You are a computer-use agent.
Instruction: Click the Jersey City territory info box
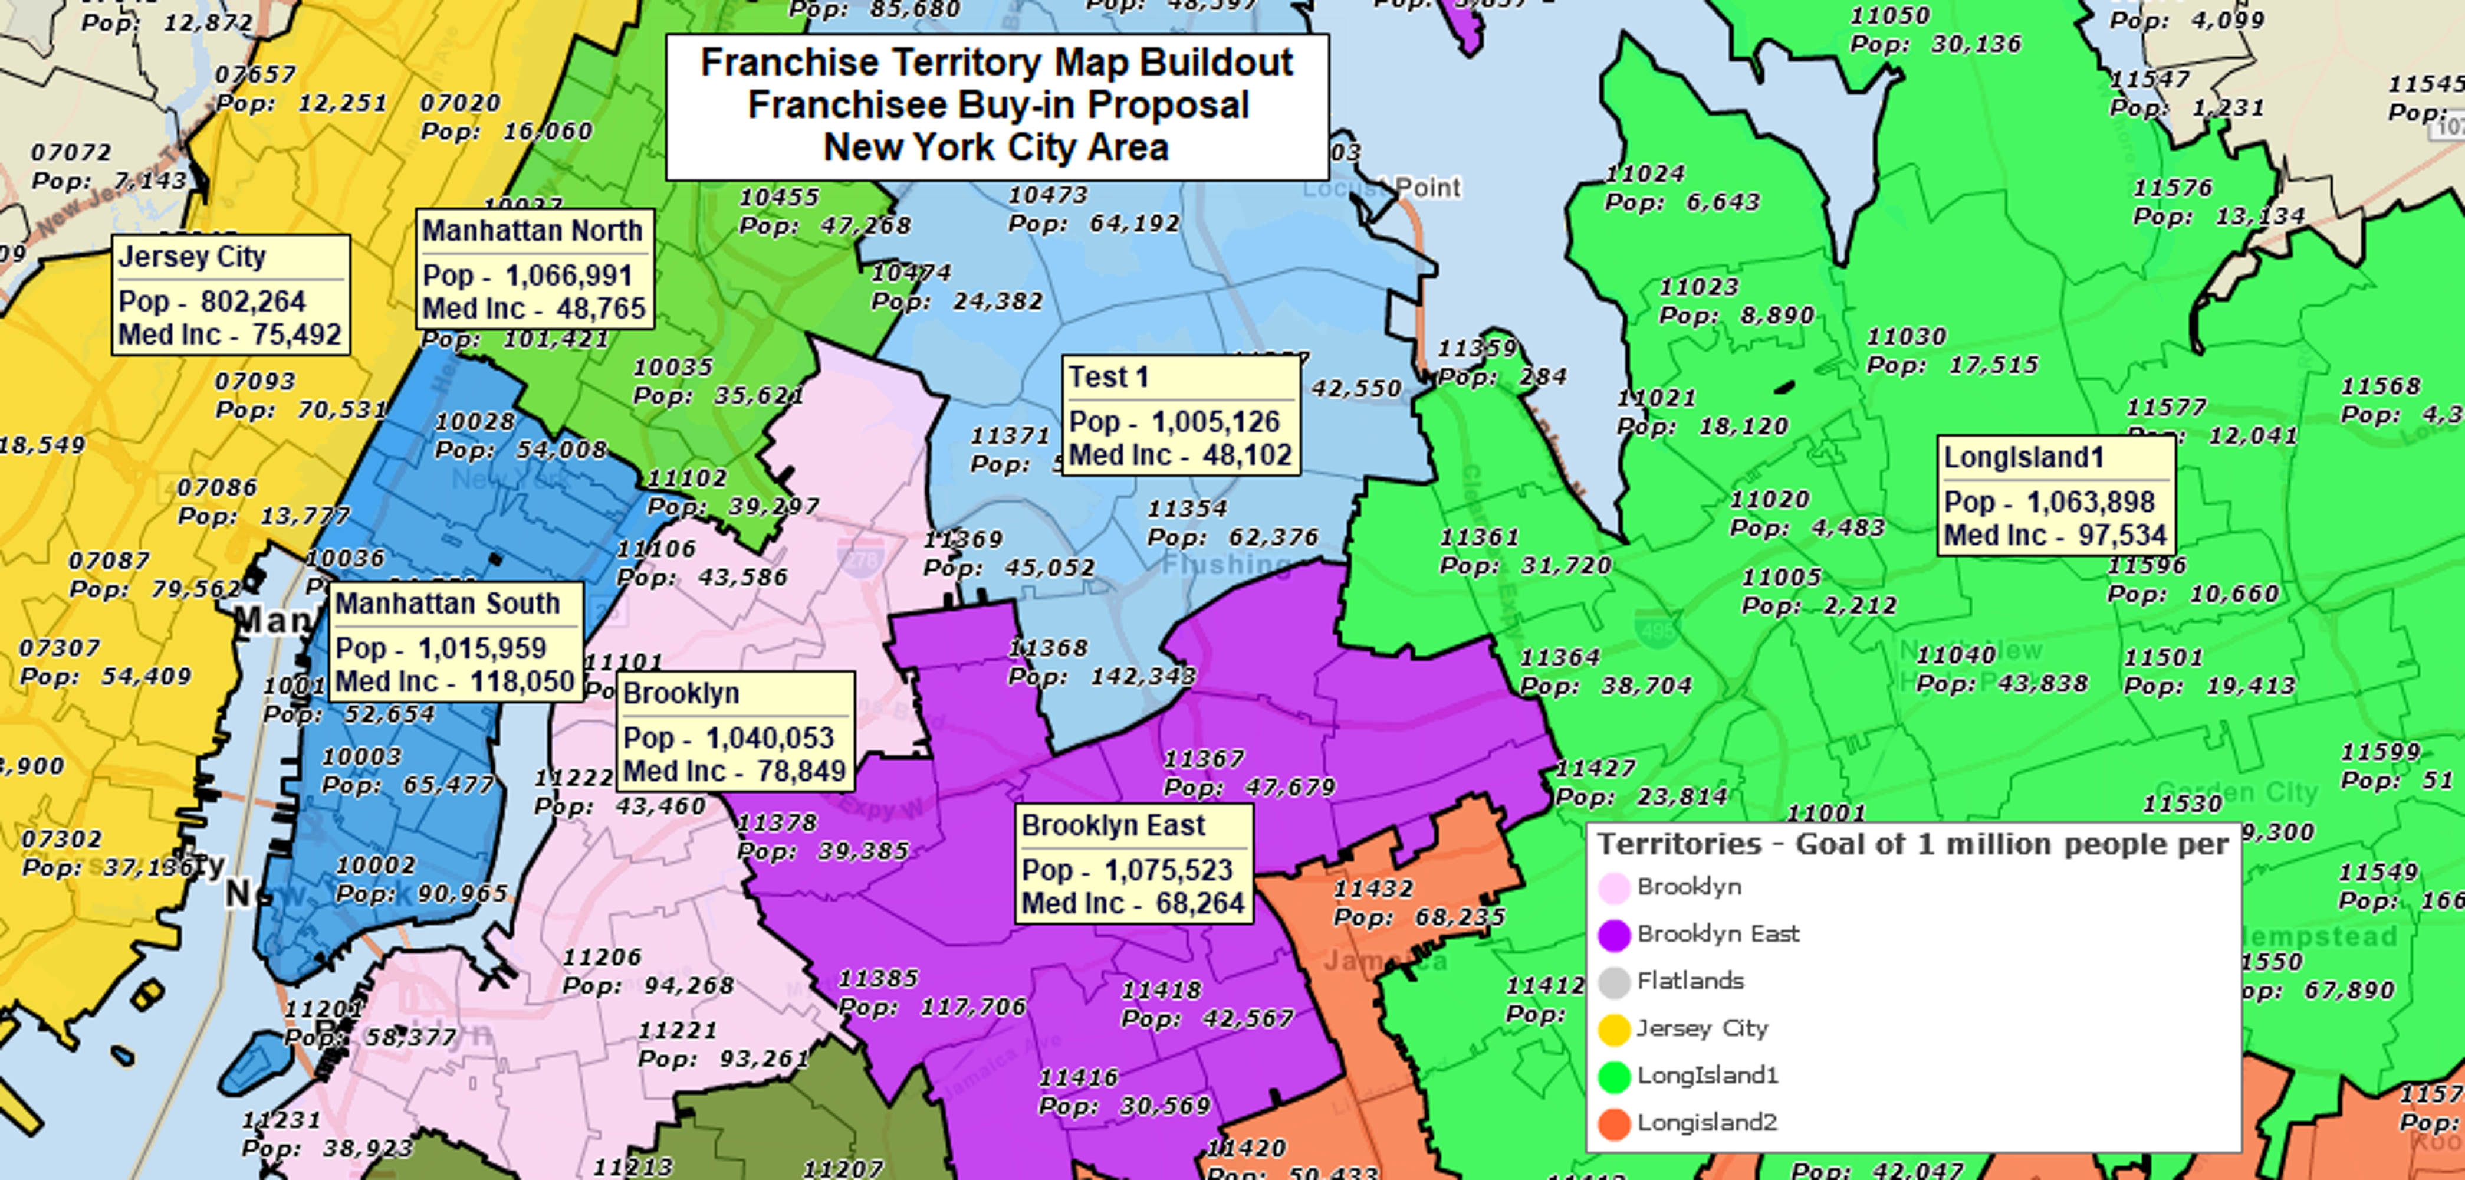tap(231, 295)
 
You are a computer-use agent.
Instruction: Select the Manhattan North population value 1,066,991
tap(568, 276)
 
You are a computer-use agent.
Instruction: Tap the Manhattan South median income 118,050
tap(521, 681)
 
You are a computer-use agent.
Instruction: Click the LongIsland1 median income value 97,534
tap(2121, 535)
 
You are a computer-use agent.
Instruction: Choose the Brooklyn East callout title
tap(1113, 825)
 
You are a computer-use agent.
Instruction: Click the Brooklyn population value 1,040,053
tap(770, 738)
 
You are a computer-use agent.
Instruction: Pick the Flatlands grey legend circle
tap(1614, 982)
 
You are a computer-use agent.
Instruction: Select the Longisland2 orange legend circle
tap(1614, 1123)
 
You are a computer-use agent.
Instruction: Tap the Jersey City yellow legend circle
tap(1614, 1030)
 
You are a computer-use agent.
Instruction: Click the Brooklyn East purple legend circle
tap(1614, 935)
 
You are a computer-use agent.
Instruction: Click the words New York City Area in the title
tap(996, 148)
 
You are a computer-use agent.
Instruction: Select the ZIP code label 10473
tap(1049, 195)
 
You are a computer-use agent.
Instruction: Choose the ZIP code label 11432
tap(1374, 889)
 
